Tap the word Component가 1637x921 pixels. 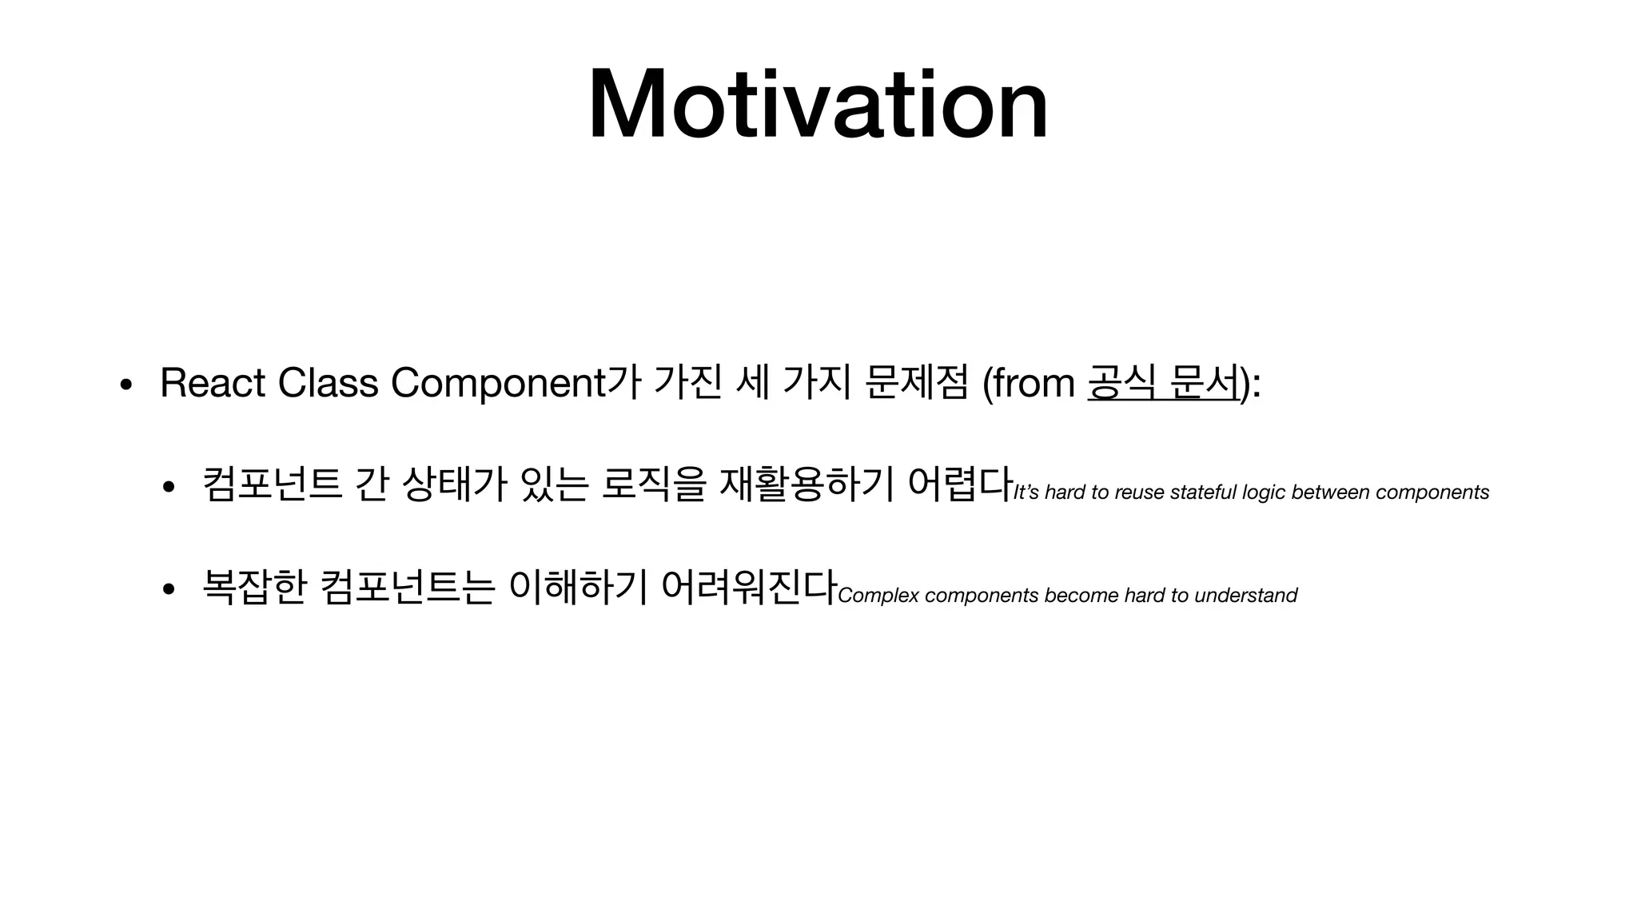[516, 384]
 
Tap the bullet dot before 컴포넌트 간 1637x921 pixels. [168, 487]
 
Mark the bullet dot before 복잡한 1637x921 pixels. [168, 590]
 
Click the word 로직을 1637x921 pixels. [653, 484]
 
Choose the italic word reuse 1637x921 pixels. [1139, 492]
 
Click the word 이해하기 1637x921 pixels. [578, 588]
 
